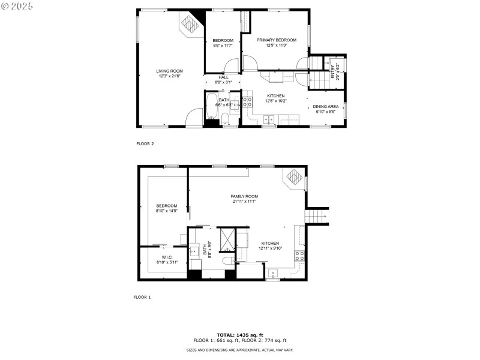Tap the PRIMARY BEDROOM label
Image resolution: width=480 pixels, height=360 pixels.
tap(277, 40)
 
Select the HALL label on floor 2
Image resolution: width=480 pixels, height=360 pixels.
tap(223, 77)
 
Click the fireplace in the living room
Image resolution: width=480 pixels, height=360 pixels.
tap(190, 25)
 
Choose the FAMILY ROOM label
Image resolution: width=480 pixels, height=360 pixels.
tap(244, 196)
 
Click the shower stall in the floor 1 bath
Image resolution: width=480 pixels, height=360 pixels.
tap(227, 239)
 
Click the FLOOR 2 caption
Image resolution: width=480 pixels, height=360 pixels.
tap(145, 144)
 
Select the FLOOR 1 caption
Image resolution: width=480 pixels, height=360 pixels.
tap(142, 297)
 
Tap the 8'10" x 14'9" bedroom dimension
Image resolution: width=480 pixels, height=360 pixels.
tap(167, 211)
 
